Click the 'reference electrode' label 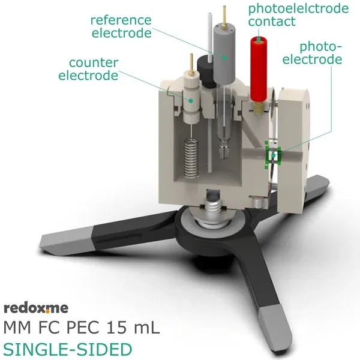121,26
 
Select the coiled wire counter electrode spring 190,158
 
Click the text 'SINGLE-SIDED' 67,349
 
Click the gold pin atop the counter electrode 191,62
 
